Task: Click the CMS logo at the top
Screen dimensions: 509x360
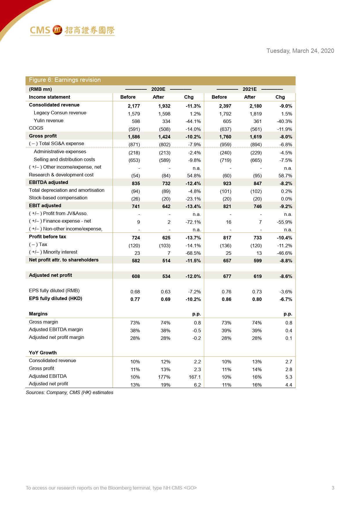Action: coord(72,30)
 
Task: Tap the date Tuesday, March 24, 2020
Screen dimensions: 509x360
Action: coord(300,51)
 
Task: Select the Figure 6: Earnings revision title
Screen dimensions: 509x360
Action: coord(65,80)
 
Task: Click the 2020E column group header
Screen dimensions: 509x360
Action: coord(158,89)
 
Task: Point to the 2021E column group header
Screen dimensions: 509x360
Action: coord(249,89)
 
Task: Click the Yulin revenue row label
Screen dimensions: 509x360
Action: coord(48,120)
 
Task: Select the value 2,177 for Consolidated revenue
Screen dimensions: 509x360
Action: coord(134,106)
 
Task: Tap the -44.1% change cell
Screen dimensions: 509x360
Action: coord(193,121)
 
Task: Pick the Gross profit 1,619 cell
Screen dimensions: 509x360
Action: coord(256,137)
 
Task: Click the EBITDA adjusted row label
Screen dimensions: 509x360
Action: coord(48,182)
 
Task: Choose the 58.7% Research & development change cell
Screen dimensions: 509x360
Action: coord(285,176)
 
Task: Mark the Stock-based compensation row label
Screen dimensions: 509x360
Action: coord(58,198)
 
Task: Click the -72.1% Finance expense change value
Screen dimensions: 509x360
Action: coord(193,222)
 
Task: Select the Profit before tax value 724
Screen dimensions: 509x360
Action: coord(136,238)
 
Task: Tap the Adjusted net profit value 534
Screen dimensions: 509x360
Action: coord(166,276)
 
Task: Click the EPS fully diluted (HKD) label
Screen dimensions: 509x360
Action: coord(55,298)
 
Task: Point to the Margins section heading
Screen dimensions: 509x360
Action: coord(38,314)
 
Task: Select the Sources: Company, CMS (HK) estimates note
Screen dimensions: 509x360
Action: coord(70,392)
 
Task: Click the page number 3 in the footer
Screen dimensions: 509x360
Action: coord(333,488)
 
